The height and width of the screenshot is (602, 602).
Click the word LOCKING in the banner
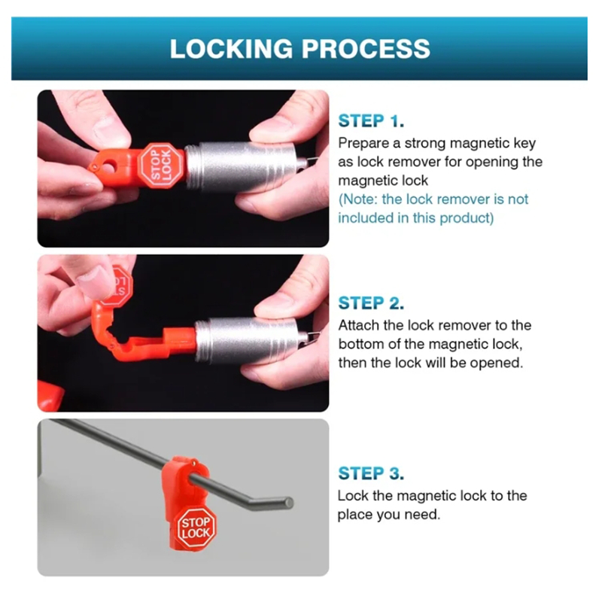pos(231,49)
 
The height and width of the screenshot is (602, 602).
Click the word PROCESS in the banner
pos(366,49)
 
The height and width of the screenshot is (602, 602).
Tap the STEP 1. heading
pos(371,121)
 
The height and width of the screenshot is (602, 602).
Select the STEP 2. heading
pos(371,303)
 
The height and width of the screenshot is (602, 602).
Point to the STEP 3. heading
pos(371,473)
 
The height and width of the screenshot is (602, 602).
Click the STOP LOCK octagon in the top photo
pos(161,165)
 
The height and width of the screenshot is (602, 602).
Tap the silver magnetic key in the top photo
pos(245,164)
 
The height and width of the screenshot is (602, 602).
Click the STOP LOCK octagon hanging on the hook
pos(196,528)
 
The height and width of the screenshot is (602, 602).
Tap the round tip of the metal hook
pos(288,502)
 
